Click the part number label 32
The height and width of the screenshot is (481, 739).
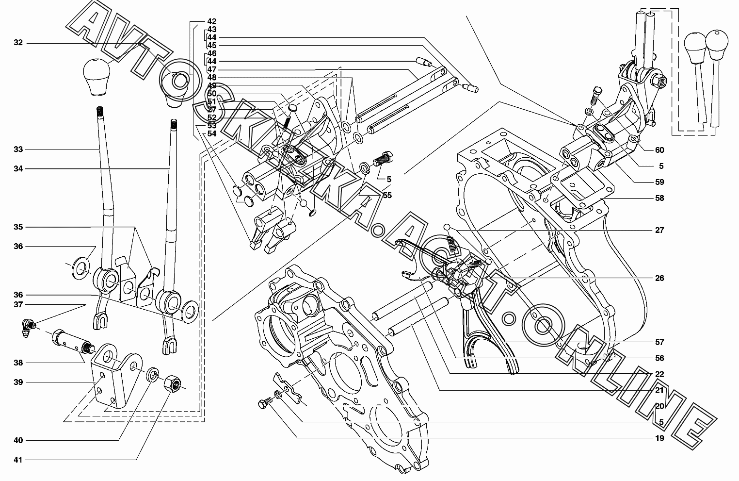pyautogui.click(x=18, y=43)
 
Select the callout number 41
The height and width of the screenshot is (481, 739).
pyautogui.click(x=18, y=460)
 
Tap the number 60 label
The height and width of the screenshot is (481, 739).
pyautogui.click(x=659, y=150)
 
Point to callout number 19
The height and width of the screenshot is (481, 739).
pyautogui.click(x=659, y=438)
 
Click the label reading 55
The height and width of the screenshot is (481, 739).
pyautogui.click(x=387, y=195)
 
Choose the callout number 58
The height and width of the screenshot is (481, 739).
pyautogui.click(x=659, y=198)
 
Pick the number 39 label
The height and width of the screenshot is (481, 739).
pyautogui.click(x=18, y=382)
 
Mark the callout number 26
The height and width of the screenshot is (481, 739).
pyautogui.click(x=659, y=278)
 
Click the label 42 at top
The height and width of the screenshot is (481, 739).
pyautogui.click(x=211, y=21)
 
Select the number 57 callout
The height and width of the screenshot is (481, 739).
pyautogui.click(x=659, y=342)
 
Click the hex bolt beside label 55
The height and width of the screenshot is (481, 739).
pyautogui.click(x=383, y=159)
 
